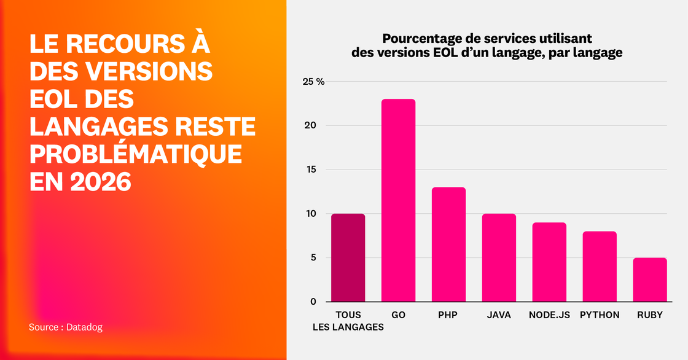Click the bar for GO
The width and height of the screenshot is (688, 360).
click(398, 200)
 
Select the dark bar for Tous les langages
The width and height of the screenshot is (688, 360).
click(348, 257)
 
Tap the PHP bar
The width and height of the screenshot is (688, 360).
click(448, 245)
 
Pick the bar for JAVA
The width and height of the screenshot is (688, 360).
click(499, 257)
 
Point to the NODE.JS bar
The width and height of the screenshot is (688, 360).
click(549, 262)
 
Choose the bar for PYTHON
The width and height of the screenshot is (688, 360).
click(600, 266)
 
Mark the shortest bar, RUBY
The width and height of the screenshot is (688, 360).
click(650, 280)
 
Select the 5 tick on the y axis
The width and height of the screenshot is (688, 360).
click(313, 257)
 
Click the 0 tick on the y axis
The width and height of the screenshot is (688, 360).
click(313, 302)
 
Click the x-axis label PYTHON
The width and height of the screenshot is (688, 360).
click(600, 315)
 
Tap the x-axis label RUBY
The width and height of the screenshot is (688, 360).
click(650, 315)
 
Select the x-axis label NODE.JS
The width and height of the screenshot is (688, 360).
click(549, 315)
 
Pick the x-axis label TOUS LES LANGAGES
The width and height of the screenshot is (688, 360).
click(348, 321)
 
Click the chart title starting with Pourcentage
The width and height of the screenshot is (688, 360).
click(487, 46)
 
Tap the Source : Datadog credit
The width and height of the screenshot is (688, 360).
click(66, 327)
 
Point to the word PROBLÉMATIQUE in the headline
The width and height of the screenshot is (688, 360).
click(135, 154)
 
